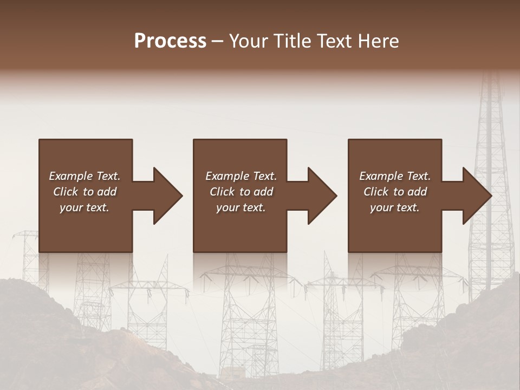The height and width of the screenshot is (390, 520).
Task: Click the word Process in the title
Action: tap(170, 41)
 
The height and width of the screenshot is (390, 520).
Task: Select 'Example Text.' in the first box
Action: tap(84, 176)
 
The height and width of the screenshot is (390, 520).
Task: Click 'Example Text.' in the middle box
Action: tap(240, 176)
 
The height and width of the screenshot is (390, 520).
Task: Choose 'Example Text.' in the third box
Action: tap(395, 176)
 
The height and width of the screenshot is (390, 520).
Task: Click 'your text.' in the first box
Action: tap(84, 207)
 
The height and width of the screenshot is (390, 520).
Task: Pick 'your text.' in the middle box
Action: tap(240, 207)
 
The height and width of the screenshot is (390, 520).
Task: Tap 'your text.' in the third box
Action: tap(395, 207)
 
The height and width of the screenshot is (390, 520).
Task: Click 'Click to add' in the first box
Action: tap(84, 192)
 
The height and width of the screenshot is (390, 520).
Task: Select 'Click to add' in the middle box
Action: tap(240, 192)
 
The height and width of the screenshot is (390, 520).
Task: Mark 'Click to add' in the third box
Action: tap(395, 192)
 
